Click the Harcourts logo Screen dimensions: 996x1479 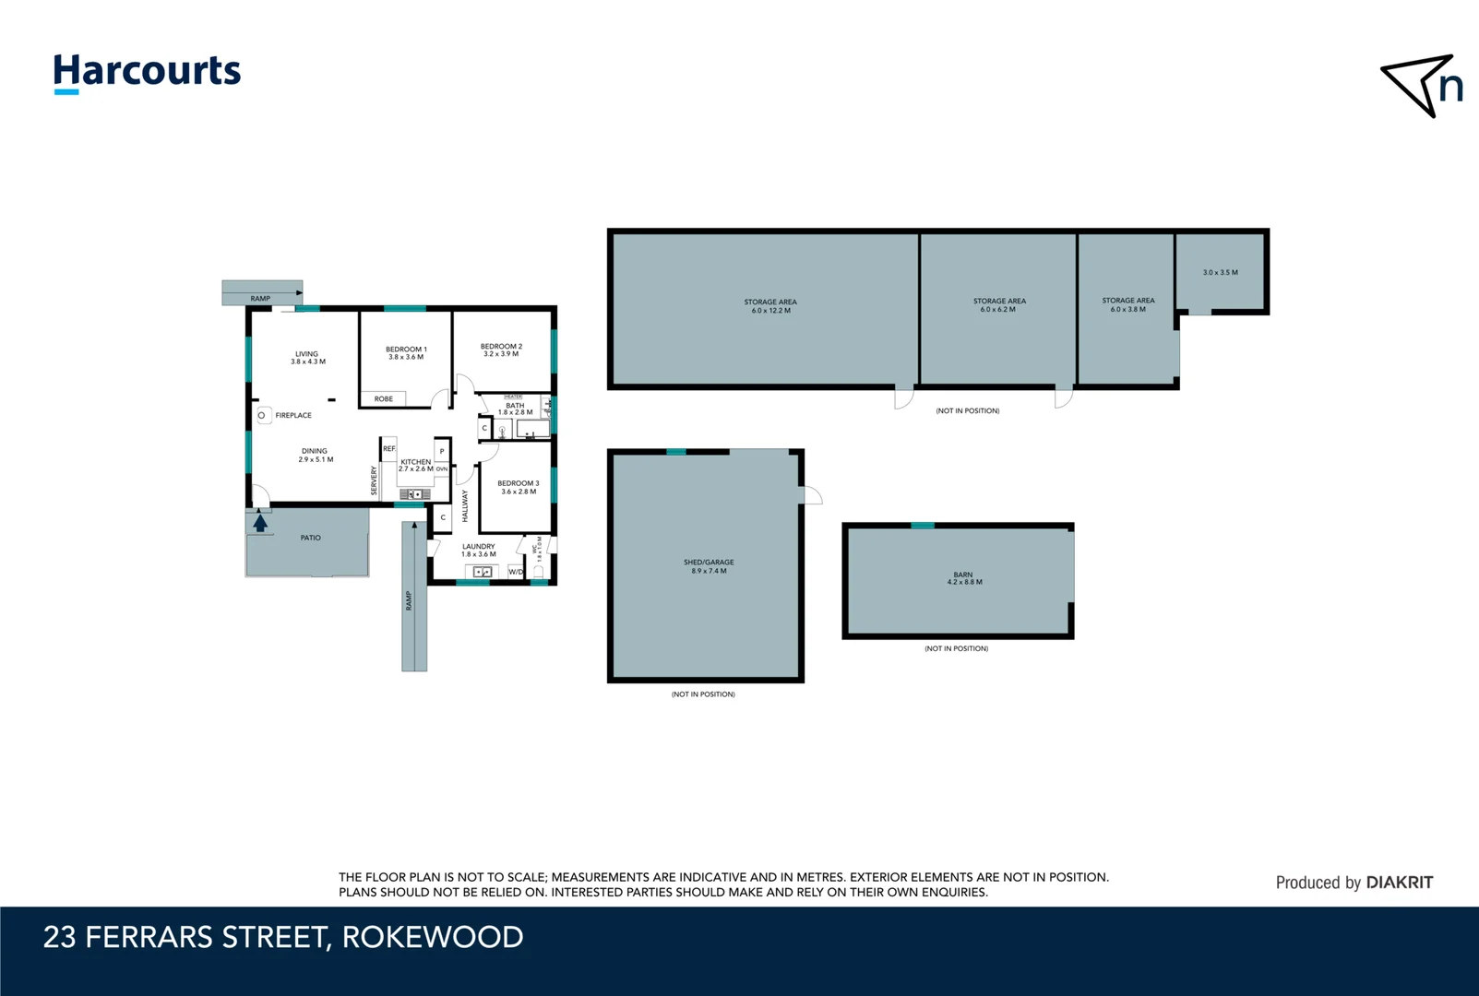pyautogui.click(x=147, y=73)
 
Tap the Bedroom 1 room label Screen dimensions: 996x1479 pyautogui.click(x=406, y=350)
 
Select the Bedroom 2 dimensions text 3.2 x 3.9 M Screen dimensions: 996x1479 pyautogui.click(x=501, y=354)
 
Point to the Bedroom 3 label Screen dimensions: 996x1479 pyautogui.click(x=518, y=483)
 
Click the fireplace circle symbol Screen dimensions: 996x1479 pyautogui.click(x=262, y=416)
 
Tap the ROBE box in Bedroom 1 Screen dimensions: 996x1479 pyautogui.click(x=383, y=399)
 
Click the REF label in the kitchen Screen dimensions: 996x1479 pyautogui.click(x=389, y=449)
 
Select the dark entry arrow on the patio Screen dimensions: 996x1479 pyautogui.click(x=260, y=523)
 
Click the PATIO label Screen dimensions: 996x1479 pyautogui.click(x=311, y=538)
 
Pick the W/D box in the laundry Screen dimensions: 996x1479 pyautogui.click(x=516, y=572)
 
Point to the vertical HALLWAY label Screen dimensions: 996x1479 pyautogui.click(x=465, y=505)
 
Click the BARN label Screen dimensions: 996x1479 pyautogui.click(x=963, y=575)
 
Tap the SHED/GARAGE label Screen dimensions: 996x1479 pyautogui.click(x=709, y=563)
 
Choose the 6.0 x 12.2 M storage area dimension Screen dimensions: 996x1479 pyautogui.click(x=770, y=311)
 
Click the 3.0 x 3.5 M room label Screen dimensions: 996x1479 pyautogui.click(x=1220, y=273)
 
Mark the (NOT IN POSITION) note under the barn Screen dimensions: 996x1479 pyautogui.click(x=956, y=648)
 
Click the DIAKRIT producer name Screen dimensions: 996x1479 pyautogui.click(x=1399, y=883)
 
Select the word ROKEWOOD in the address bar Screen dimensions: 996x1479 pyautogui.click(x=432, y=937)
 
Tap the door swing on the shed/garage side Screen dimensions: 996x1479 pyautogui.click(x=812, y=495)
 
